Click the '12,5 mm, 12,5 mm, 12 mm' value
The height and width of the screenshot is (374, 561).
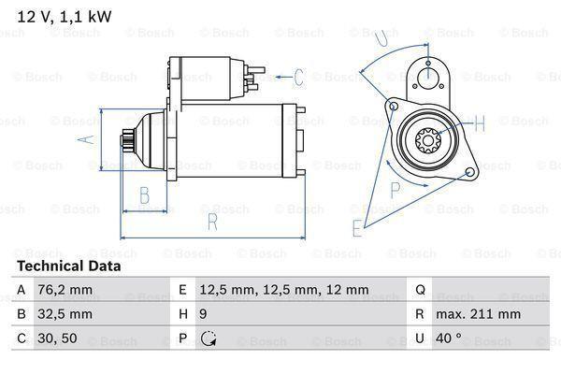point(283,290)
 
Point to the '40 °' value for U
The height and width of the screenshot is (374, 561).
point(453,338)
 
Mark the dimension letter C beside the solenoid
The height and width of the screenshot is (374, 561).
point(299,77)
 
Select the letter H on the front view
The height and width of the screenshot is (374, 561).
point(479,122)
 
